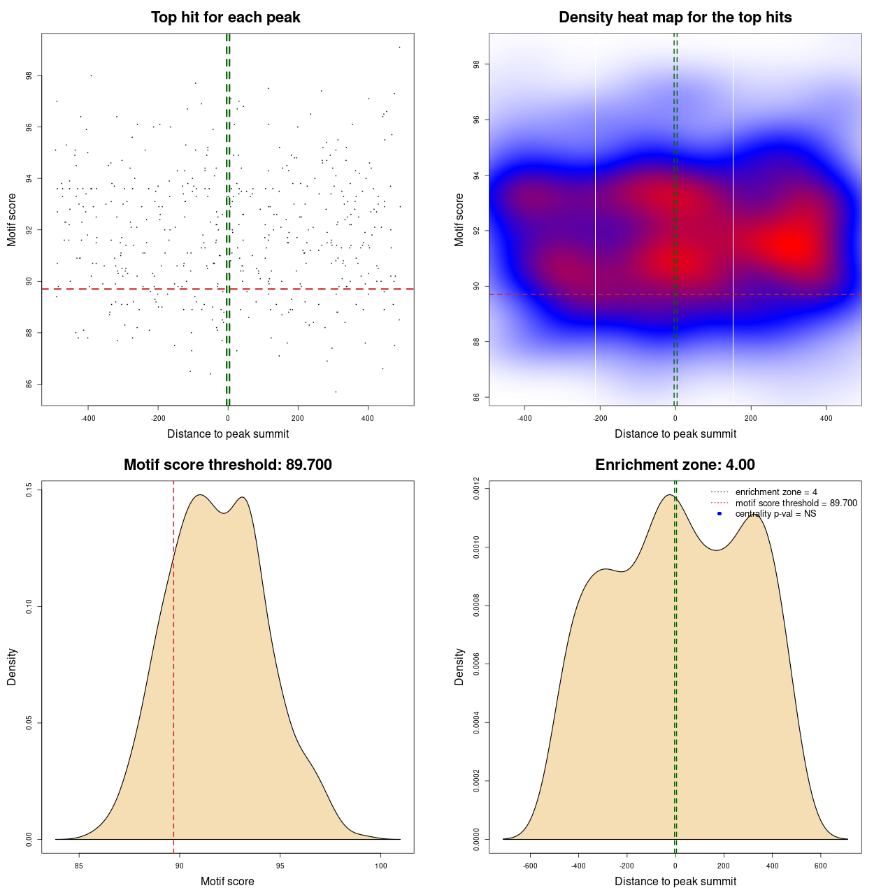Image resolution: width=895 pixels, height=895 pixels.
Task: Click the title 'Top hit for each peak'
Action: click(225, 17)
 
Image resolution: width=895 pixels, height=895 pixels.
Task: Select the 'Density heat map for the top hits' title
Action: click(675, 17)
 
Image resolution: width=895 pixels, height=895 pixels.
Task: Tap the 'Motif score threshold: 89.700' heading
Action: click(227, 465)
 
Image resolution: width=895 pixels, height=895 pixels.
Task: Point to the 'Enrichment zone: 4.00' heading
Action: click(675, 465)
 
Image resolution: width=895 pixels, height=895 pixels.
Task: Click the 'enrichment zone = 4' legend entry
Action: click(776, 493)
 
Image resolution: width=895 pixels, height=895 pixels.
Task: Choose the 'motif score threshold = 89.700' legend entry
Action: click(796, 503)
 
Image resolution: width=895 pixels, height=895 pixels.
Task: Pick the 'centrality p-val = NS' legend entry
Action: click(775, 514)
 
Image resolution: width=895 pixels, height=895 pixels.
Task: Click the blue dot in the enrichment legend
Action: click(719, 514)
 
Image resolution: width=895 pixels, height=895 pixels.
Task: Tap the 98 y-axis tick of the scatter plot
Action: click(29, 76)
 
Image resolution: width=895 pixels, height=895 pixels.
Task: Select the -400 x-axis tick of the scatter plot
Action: click(88, 418)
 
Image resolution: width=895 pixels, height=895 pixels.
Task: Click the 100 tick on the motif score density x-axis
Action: click(380, 866)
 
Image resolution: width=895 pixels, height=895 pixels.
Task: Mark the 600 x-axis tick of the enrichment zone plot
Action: click(820, 866)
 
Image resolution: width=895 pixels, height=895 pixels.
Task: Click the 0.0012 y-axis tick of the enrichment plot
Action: click(476, 485)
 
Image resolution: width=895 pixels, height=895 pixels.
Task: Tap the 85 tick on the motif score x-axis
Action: click(79, 866)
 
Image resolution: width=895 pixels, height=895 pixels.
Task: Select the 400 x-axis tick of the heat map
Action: click(826, 418)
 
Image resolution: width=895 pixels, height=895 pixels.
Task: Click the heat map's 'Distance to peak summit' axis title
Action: click(675, 434)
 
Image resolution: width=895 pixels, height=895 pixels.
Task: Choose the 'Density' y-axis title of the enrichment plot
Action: click(459, 666)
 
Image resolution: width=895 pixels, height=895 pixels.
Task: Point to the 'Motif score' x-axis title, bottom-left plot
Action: click(227, 882)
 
